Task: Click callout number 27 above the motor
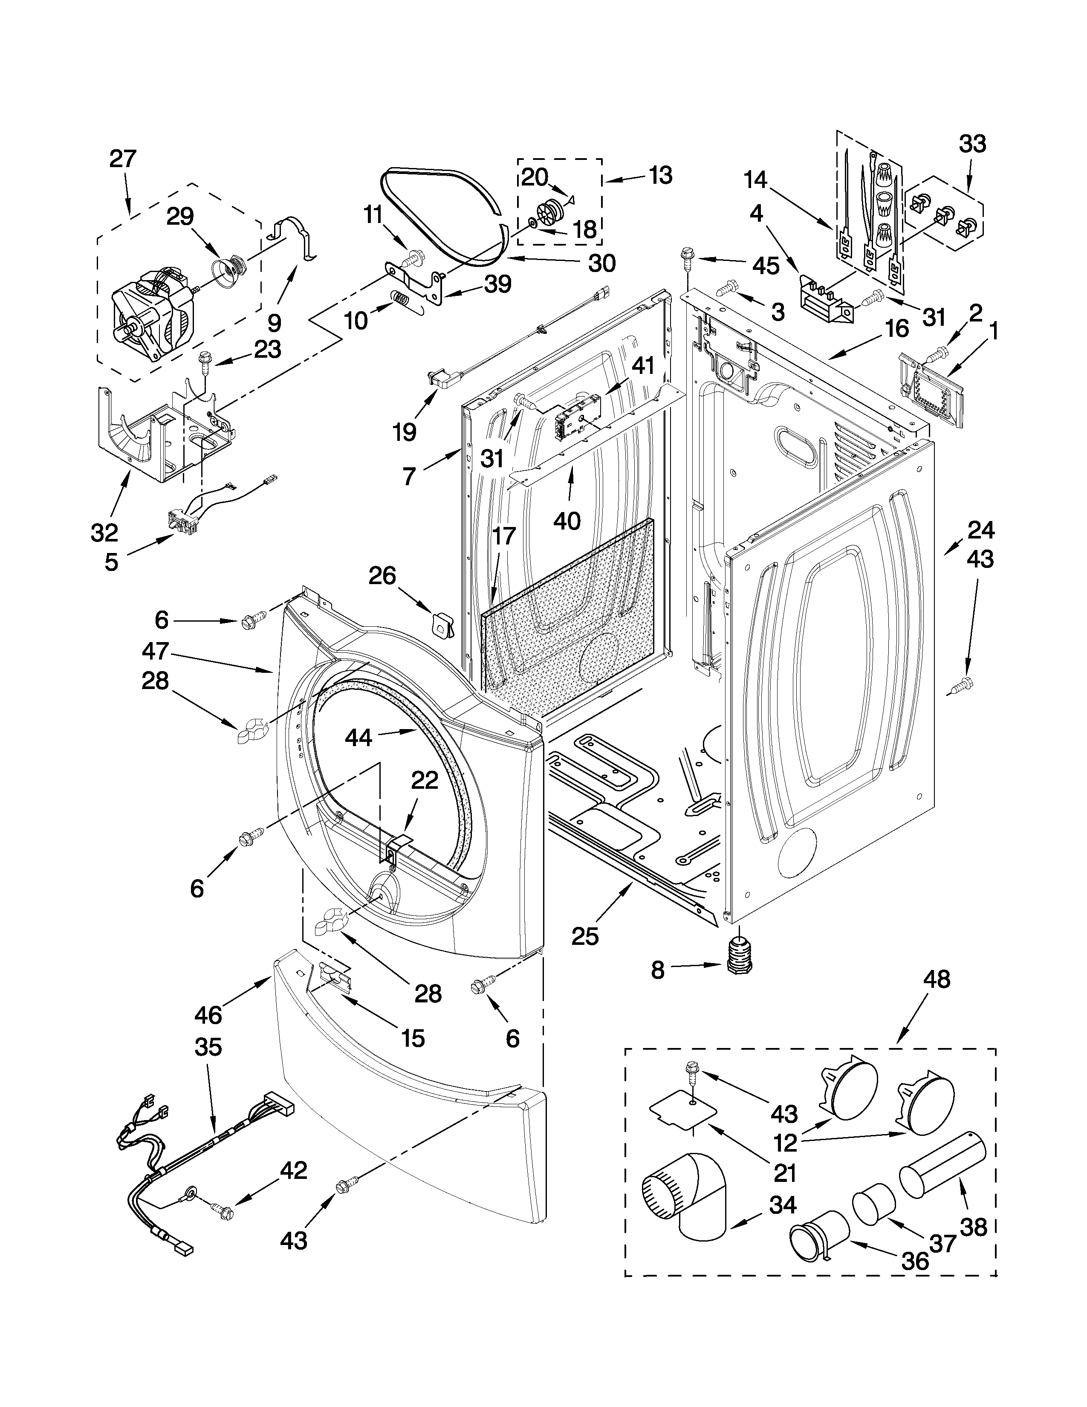(123, 159)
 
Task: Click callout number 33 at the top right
(972, 144)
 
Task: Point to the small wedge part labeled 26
(442, 622)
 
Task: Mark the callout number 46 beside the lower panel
(208, 1015)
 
